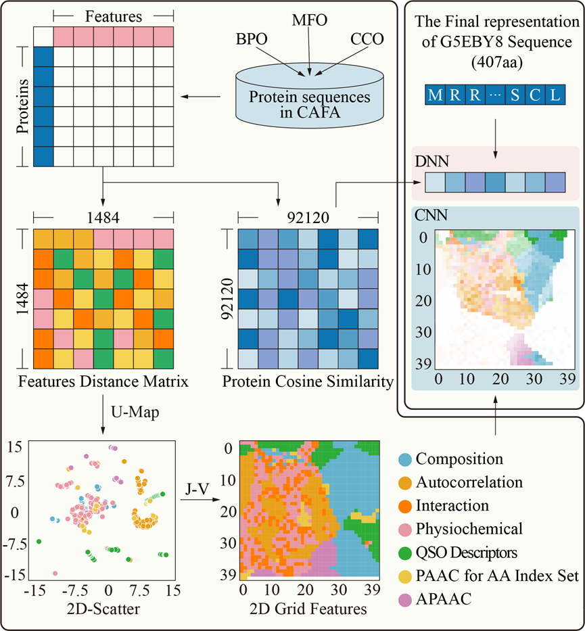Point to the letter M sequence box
435,95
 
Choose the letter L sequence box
555,95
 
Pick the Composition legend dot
404,460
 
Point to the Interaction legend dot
404,506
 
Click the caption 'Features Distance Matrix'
103,383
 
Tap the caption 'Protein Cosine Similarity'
308,383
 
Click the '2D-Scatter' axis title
103,609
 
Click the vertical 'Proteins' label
22,106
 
